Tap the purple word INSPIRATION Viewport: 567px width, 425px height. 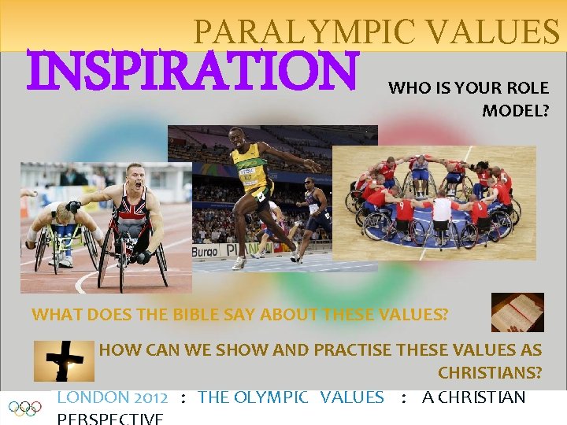coord(194,72)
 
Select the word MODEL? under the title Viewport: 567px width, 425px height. coord(515,111)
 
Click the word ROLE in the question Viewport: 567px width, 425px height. coord(528,88)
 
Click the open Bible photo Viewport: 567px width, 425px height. coord(517,312)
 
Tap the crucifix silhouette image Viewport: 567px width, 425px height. coord(64,360)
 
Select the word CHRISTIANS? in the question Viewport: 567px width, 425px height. coord(489,371)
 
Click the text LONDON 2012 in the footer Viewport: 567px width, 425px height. coord(112,397)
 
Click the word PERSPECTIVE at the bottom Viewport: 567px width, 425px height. coord(110,418)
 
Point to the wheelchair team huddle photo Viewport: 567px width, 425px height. coord(433,202)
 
